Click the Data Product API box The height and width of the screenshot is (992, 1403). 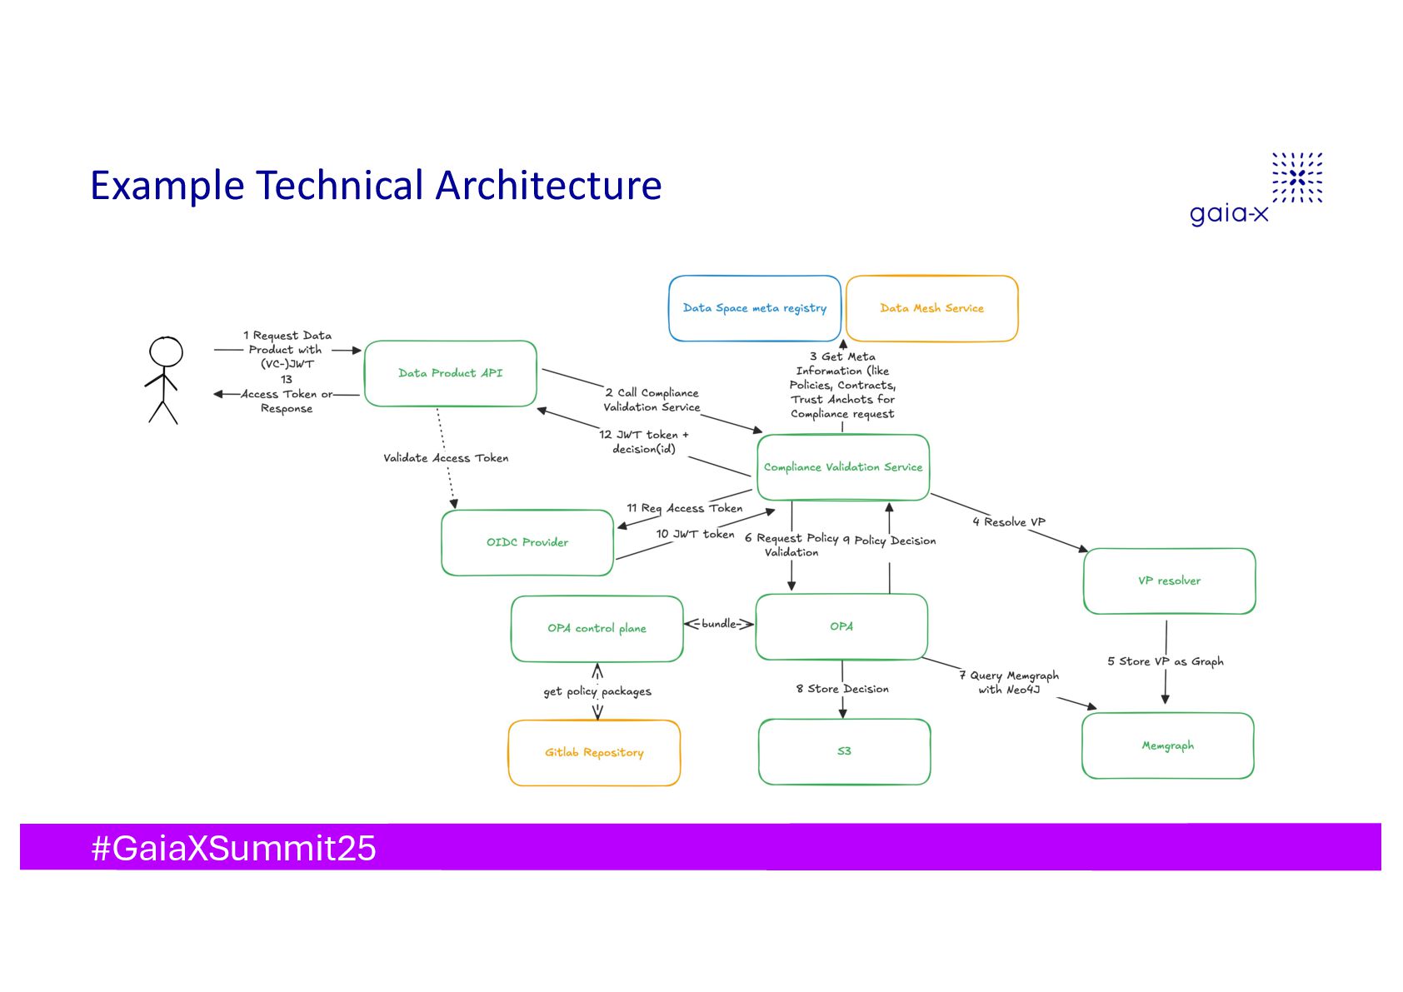coord(450,373)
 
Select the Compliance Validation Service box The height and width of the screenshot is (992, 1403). coord(842,467)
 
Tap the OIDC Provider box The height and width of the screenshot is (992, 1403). coord(527,542)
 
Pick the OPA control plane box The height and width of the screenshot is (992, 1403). coord(597,629)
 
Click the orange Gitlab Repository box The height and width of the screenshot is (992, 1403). coord(594,753)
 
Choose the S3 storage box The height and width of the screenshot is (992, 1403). coord(844,751)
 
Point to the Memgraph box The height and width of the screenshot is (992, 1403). coord(1167,745)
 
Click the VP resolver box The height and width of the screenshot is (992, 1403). coord(1169,581)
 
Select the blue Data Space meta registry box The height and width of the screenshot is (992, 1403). coord(754,308)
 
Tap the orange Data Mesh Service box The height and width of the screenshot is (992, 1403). coord(931,308)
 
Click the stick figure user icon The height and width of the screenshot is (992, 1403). coord(165,380)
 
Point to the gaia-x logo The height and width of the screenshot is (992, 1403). coord(1256,189)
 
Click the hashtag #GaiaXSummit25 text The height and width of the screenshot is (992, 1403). coord(233,848)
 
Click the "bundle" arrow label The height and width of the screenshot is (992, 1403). coord(719,624)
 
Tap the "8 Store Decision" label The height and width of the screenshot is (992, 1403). coord(842,689)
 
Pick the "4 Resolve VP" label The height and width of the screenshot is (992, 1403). coord(1008,522)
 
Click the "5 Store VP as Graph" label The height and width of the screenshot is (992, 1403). coord(1165,661)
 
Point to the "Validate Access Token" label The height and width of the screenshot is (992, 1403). coord(446,458)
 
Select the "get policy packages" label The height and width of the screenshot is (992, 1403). coord(597,691)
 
